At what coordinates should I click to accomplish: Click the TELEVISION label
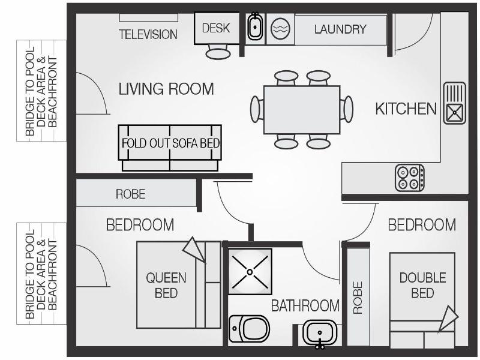[x=148, y=34]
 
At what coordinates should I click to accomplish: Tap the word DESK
[x=216, y=28]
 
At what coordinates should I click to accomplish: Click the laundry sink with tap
[x=254, y=27]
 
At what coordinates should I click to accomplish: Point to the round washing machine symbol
[x=280, y=29]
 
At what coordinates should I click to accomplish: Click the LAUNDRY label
[x=340, y=29]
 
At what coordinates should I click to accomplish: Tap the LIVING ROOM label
[x=166, y=89]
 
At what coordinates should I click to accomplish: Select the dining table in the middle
[x=302, y=110]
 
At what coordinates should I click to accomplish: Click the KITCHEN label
[x=406, y=109]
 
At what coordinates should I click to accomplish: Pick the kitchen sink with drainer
[x=455, y=103]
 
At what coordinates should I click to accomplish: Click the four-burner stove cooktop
[x=410, y=178]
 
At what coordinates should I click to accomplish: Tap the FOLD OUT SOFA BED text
[x=170, y=143]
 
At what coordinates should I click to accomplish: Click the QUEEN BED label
[x=166, y=286]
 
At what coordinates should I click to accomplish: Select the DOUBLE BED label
[x=423, y=286]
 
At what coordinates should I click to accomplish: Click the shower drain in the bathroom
[x=250, y=272]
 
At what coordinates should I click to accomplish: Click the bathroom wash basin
[x=320, y=334]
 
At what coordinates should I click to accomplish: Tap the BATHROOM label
[x=305, y=305]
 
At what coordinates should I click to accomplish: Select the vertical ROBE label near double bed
[x=358, y=298]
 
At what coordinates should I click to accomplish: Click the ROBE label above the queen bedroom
[x=130, y=194]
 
